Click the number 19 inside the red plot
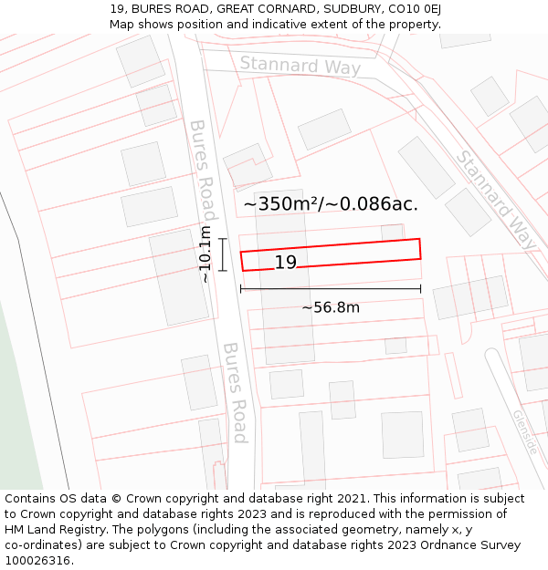(x=286, y=263)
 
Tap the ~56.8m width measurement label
(x=331, y=307)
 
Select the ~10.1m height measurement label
(x=205, y=254)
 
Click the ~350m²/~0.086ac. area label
(x=331, y=203)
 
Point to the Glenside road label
(x=524, y=431)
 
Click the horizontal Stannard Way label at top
(x=300, y=66)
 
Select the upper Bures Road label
(x=203, y=164)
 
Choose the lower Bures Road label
(x=236, y=392)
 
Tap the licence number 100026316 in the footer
(x=39, y=561)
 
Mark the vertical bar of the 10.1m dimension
(x=222, y=254)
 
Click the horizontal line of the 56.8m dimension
(x=331, y=289)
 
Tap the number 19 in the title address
(x=117, y=9)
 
